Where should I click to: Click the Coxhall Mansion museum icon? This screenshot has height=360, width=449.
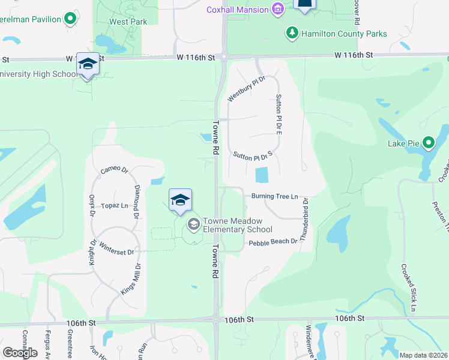(x=277, y=10)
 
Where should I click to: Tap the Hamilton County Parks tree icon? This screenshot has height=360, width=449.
(x=292, y=32)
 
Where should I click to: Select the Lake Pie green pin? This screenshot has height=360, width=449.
(x=428, y=143)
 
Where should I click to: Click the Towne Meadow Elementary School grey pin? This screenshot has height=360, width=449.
(x=193, y=225)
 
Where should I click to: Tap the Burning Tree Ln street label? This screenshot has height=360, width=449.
(x=274, y=196)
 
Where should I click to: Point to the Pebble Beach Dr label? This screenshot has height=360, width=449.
(x=273, y=241)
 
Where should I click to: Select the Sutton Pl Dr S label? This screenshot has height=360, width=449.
(x=253, y=155)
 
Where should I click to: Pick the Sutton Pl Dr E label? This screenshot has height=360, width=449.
(x=279, y=113)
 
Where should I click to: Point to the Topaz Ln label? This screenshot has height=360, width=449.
(x=116, y=205)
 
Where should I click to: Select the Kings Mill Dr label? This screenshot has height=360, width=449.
(x=131, y=278)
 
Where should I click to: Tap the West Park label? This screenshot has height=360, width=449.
(x=120, y=22)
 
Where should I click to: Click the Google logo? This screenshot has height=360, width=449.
(x=20, y=353)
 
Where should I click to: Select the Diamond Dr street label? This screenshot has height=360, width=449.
(x=137, y=202)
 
